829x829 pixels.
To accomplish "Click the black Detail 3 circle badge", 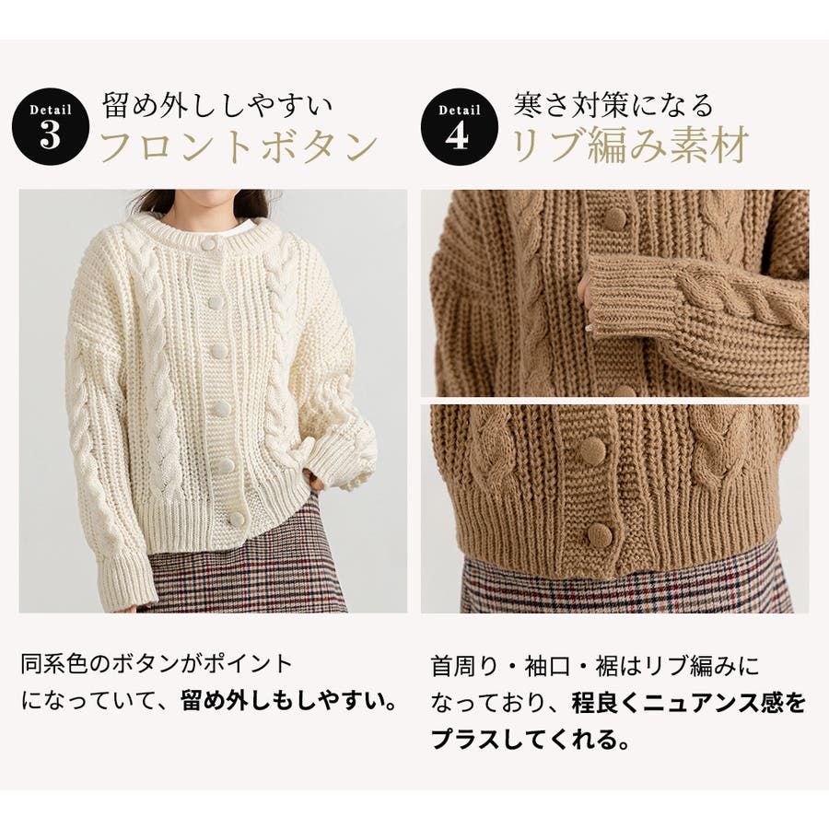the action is click(51, 126).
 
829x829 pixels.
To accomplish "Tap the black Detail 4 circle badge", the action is click(459, 126).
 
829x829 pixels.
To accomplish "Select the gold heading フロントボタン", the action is click(239, 146).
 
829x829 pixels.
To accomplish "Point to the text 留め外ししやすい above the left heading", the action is click(217, 105).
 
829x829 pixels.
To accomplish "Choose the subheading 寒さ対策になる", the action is click(613, 105).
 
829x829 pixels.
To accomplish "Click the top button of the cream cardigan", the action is click(209, 245).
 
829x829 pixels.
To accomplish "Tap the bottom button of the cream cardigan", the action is click(236, 519).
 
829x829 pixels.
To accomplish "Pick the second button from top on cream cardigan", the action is click(216, 302).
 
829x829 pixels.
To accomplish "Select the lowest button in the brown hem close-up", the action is click(600, 534).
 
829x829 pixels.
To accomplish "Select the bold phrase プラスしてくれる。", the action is click(531, 738).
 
